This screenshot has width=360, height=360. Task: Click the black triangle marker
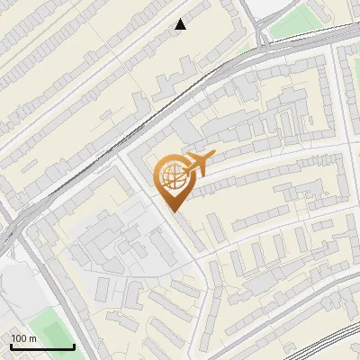[181, 24]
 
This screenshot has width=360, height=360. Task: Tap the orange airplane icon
[196, 164]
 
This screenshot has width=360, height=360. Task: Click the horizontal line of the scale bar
[41, 347]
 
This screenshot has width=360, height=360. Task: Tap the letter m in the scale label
[33, 338]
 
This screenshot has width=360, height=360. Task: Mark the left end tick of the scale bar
[10, 346]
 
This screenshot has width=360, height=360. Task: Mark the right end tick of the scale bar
[74, 346]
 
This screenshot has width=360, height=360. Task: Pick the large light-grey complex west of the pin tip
[117, 238]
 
